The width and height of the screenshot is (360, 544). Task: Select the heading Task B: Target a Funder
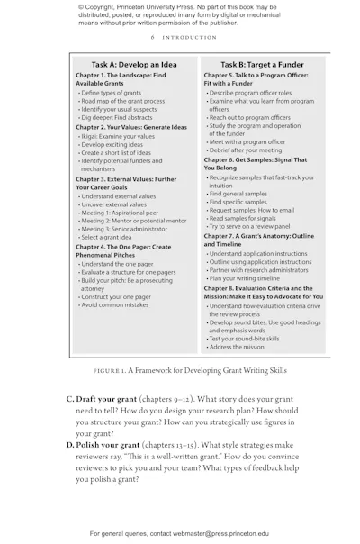(259, 65)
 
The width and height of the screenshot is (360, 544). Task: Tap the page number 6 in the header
(152, 38)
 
